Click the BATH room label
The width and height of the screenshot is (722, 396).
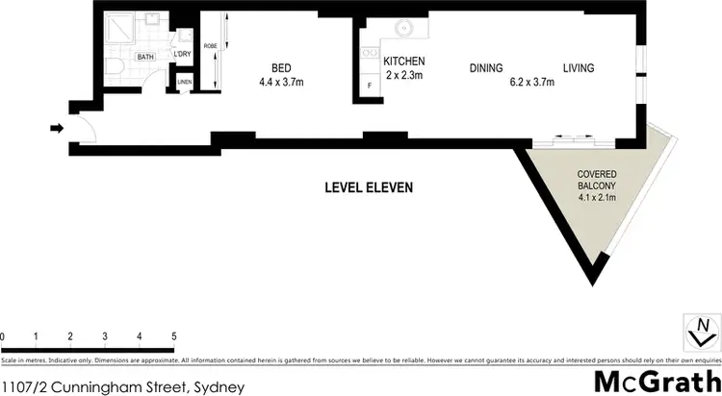click(x=145, y=58)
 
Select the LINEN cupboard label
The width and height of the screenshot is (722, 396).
click(x=184, y=82)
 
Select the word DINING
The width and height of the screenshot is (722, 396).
click(x=487, y=68)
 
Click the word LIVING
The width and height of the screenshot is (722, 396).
click(x=579, y=68)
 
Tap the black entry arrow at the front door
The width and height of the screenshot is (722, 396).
click(x=57, y=127)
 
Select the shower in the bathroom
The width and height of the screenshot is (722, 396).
click(x=119, y=32)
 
